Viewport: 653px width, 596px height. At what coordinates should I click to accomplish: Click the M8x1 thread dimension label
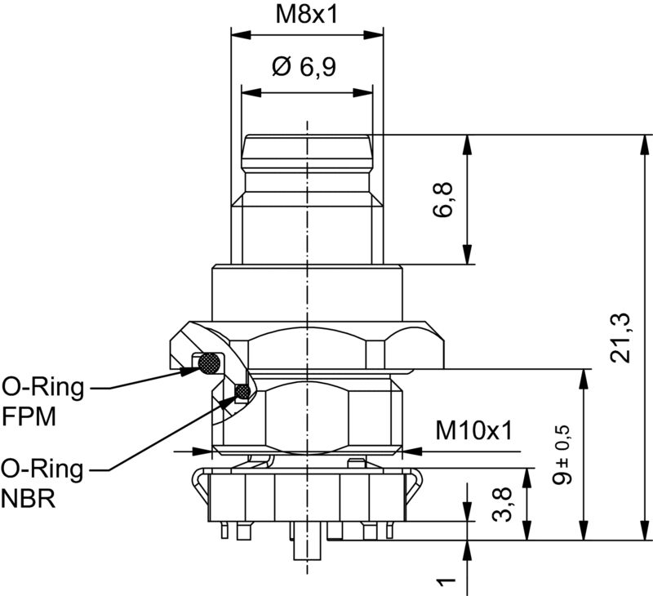307,15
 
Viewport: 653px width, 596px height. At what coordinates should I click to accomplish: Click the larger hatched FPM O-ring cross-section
211,362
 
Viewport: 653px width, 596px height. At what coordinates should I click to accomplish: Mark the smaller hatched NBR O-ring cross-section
242,394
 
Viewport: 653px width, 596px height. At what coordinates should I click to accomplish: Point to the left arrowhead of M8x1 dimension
239,35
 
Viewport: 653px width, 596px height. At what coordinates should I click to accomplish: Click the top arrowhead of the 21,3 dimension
642,142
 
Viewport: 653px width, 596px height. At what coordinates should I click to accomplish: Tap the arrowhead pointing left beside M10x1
411,450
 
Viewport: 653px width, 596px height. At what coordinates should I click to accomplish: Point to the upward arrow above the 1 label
467,549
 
